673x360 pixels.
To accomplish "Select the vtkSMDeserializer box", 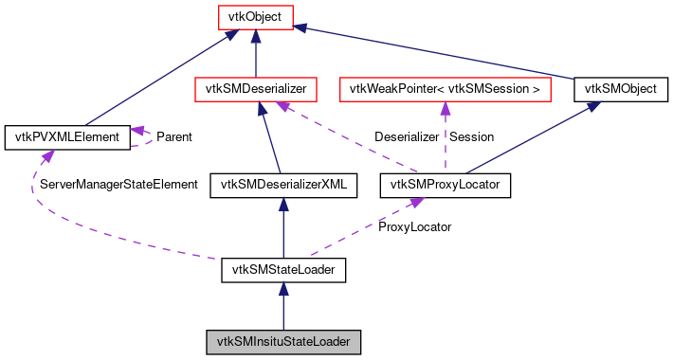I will (255, 89).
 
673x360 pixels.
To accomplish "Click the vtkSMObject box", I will (621, 89).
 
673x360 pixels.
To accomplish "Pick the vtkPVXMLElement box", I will (66, 137).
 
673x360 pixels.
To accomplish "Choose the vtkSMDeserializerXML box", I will (283, 185).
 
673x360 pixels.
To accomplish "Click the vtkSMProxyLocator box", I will (446, 185).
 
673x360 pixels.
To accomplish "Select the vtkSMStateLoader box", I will (283, 271).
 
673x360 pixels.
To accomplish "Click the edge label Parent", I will (173, 137).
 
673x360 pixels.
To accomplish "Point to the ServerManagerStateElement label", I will (118, 185).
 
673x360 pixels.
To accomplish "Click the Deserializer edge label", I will (406, 137).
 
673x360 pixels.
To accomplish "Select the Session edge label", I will (471, 137).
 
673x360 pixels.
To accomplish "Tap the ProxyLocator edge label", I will (414, 227).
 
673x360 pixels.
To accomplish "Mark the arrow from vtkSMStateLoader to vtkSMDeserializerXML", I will (283, 227).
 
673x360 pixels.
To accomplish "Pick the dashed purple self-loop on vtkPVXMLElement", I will (145, 137).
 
